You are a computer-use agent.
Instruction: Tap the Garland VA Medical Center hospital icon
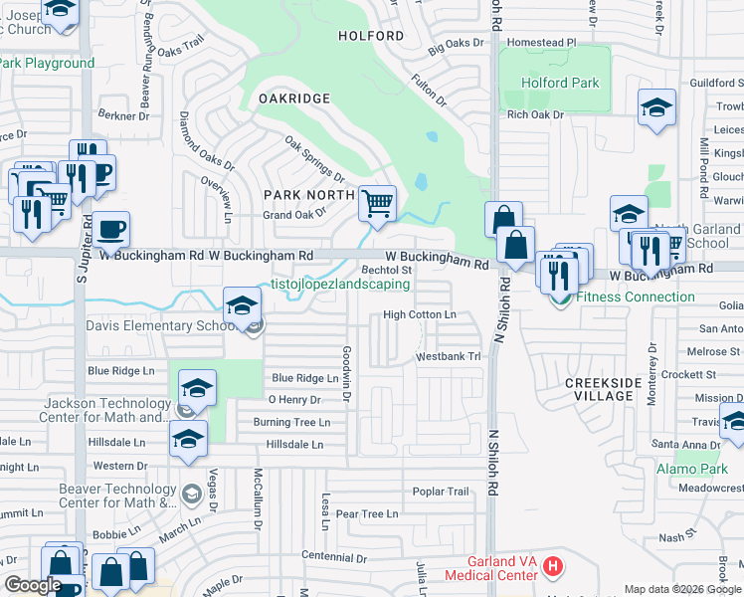tap(554, 568)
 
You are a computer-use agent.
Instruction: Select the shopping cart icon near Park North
tap(377, 204)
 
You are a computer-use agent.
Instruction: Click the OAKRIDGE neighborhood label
tap(293, 99)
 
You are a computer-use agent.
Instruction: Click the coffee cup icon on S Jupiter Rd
tap(111, 230)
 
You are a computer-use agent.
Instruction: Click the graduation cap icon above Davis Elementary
tap(241, 305)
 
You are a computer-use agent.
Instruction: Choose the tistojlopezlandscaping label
tap(340, 284)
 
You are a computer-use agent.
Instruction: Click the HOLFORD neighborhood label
tap(371, 36)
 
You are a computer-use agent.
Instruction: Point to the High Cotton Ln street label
tap(420, 315)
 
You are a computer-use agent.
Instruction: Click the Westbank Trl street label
tap(448, 355)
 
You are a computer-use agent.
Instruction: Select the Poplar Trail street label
tap(440, 492)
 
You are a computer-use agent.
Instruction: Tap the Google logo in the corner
tap(33, 585)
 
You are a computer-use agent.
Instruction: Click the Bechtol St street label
tap(386, 270)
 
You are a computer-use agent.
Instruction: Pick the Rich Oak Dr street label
tap(535, 115)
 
